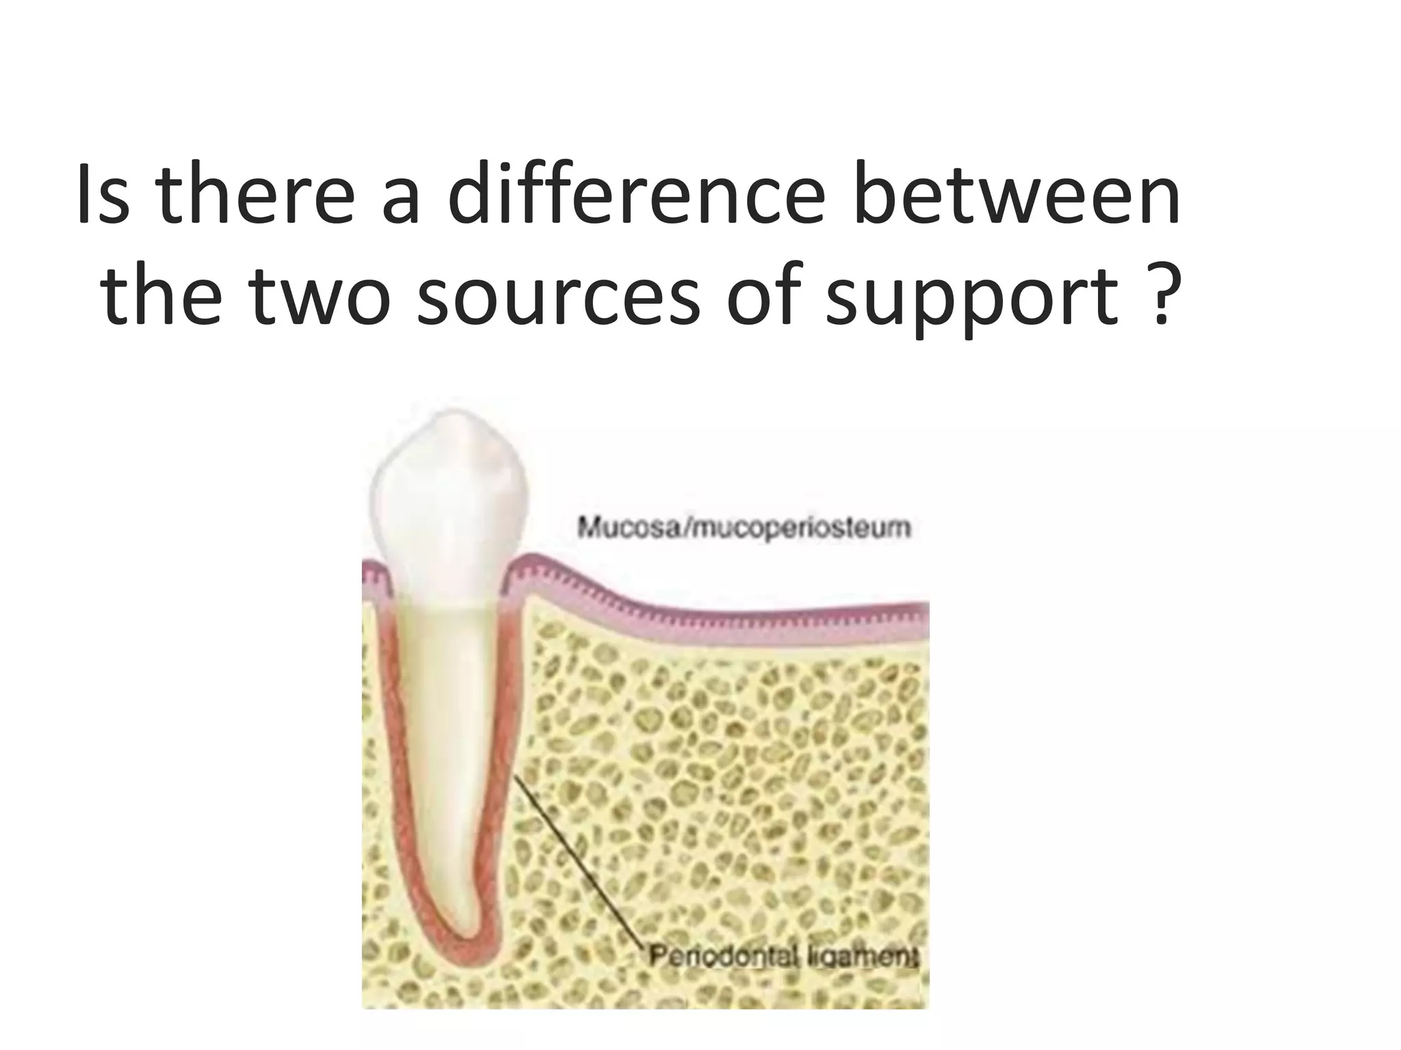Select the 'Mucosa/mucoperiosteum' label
coord(744,527)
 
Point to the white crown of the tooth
coord(448,499)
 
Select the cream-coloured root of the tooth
coord(445,718)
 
